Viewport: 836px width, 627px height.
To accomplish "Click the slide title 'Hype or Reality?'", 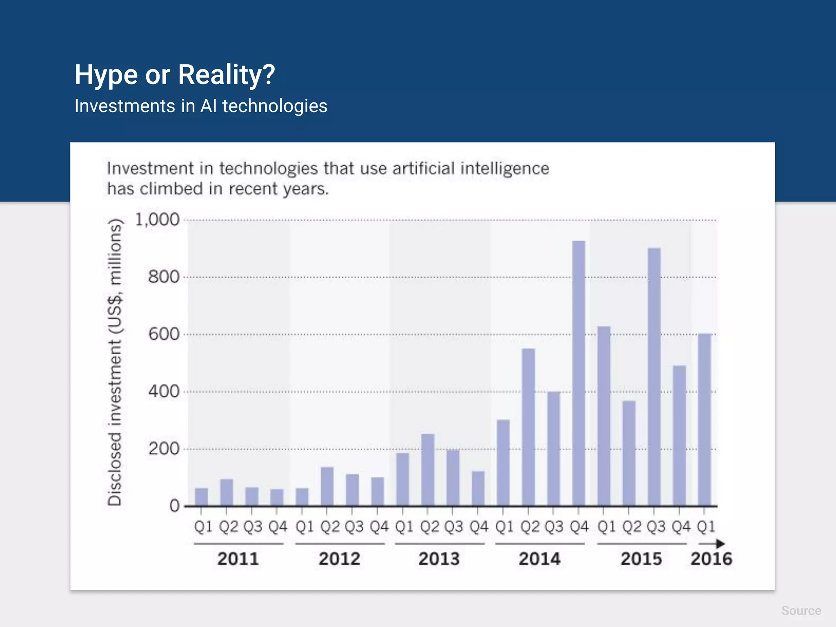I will click(x=175, y=75).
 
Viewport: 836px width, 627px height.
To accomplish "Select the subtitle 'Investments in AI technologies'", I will click(x=201, y=106).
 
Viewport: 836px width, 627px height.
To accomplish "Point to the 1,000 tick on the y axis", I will click(x=157, y=220).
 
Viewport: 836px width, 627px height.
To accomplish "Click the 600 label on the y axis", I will click(x=164, y=334).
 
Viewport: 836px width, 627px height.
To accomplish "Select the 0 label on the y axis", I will click(x=174, y=506).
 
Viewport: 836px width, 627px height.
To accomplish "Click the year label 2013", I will click(x=439, y=559).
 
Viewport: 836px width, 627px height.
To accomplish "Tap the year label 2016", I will click(x=711, y=559).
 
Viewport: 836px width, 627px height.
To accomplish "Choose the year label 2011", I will click(x=238, y=559).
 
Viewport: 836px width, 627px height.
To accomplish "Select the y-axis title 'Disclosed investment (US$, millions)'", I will click(x=115, y=362).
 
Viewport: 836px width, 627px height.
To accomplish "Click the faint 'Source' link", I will click(x=801, y=611).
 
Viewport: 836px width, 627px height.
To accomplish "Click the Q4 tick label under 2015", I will click(x=681, y=527).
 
